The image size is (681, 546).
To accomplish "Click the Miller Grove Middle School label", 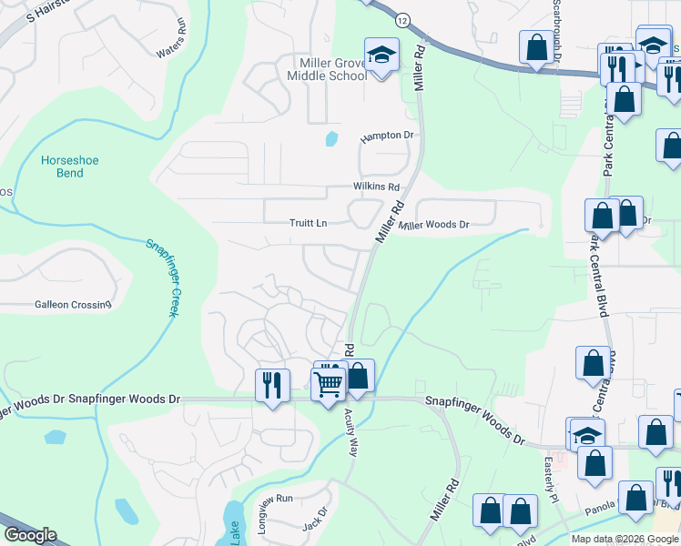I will pos(327,68).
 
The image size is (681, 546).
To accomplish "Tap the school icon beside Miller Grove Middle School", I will pos(382,55).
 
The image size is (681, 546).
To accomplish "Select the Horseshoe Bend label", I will pos(69,167).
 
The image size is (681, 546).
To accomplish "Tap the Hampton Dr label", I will pos(387,136).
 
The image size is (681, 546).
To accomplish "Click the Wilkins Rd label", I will pos(377,187).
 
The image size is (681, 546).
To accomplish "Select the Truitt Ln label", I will pos(308,223).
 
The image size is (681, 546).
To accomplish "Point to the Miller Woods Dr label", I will pos(434,225).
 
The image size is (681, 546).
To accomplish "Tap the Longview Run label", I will pos(271,500).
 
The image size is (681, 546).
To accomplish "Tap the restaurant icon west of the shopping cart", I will pos(271,385).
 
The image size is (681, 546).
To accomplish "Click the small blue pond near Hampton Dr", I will pos(331,139).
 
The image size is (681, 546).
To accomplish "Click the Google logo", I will pos(30,535).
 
